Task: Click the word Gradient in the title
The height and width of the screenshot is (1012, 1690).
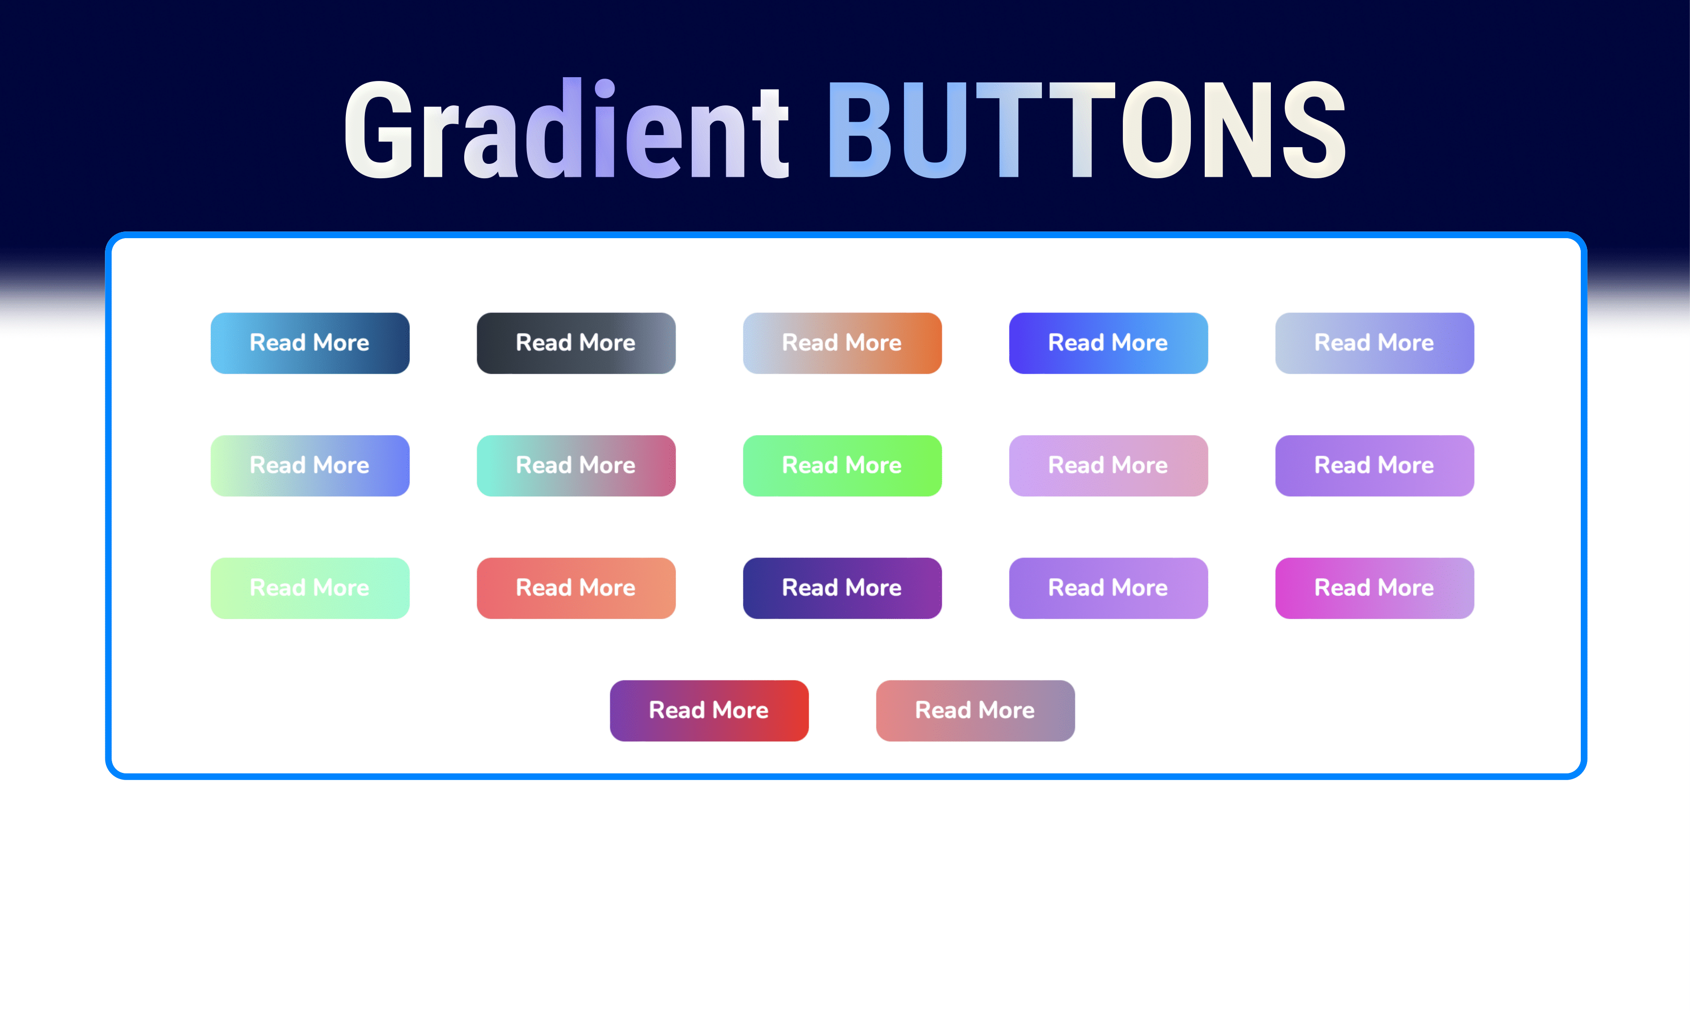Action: [x=566, y=129]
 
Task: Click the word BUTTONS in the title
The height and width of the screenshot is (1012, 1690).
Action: [x=1085, y=129]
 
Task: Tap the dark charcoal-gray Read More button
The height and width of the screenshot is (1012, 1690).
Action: [x=576, y=343]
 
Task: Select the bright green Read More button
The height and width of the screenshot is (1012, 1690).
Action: [x=842, y=466]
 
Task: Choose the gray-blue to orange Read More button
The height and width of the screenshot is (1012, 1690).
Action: [x=842, y=343]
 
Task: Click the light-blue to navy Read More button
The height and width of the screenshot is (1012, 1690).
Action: [x=309, y=343]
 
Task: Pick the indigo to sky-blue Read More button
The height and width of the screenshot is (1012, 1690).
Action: [x=1108, y=343]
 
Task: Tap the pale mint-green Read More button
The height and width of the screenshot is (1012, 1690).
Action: [x=309, y=588]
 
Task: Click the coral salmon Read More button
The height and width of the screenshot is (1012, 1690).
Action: [x=576, y=588]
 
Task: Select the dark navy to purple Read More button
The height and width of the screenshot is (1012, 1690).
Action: [x=842, y=588]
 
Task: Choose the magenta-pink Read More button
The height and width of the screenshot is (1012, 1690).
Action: [x=1374, y=588]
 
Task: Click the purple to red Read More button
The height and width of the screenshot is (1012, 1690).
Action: [x=709, y=711]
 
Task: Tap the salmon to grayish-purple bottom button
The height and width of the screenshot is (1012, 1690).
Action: [x=975, y=711]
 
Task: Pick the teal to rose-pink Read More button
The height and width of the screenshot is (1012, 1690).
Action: [x=576, y=466]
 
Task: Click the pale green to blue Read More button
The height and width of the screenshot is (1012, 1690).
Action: [x=309, y=466]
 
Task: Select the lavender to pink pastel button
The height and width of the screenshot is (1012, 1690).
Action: [x=1108, y=466]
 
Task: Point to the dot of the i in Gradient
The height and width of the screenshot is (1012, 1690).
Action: [x=605, y=89]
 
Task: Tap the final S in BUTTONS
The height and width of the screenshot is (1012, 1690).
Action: [x=1313, y=129]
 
